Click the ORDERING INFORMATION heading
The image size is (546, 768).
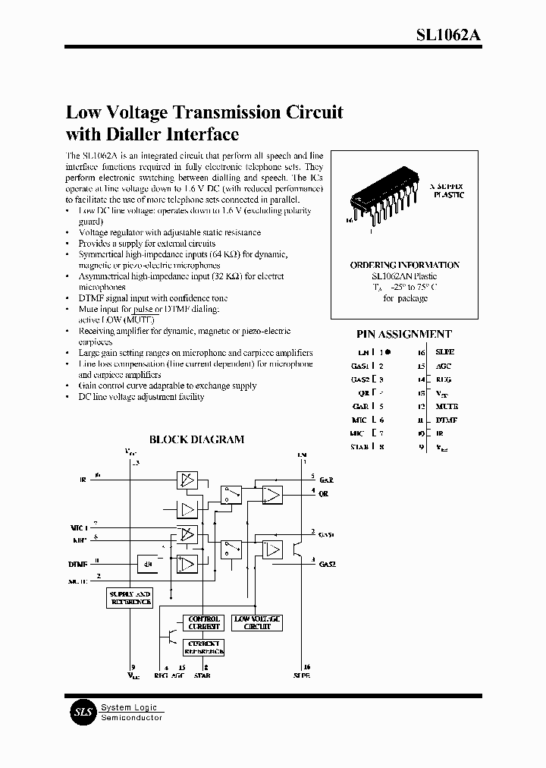point(404,265)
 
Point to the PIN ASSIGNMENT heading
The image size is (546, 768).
point(404,334)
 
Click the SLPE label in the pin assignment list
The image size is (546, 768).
point(445,353)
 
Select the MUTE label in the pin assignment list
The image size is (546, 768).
point(446,407)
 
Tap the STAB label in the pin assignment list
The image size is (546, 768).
point(359,447)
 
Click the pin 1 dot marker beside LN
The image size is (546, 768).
point(388,353)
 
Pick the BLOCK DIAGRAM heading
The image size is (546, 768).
point(196,439)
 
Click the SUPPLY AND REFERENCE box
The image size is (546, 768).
point(130,597)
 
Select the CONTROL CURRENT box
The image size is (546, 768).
point(203,623)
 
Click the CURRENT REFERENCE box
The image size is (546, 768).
point(203,647)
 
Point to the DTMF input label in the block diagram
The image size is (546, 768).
point(78,564)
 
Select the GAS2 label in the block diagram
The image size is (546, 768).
point(328,565)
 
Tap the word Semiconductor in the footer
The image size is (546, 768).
point(131,718)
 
